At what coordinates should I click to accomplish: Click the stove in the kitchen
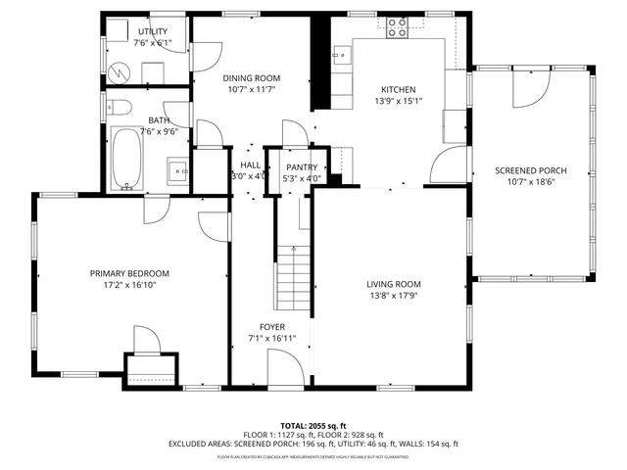coord(398,27)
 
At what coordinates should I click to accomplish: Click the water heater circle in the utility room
coord(119,72)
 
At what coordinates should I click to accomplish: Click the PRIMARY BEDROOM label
coord(129,274)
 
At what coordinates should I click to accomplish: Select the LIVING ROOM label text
coord(401,284)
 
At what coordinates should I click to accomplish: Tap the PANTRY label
coord(302,167)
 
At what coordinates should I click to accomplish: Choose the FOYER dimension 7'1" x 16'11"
coord(271,339)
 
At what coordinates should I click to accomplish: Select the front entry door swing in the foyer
coord(283,370)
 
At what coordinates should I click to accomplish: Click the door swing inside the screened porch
coord(529,91)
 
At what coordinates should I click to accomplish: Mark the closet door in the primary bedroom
coord(146,341)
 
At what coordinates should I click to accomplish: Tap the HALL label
coord(250,165)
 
